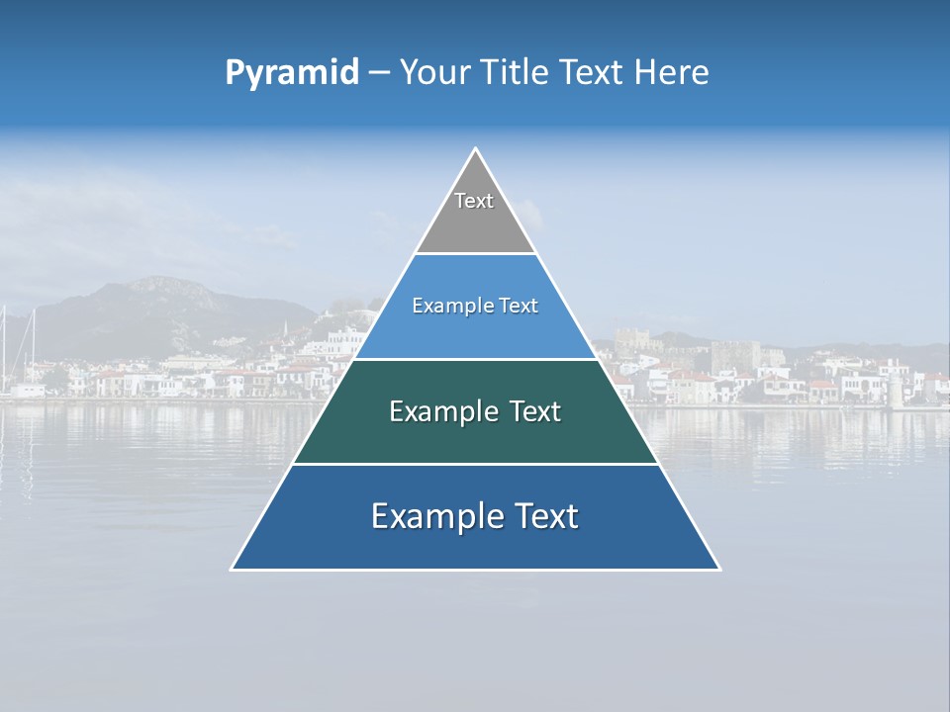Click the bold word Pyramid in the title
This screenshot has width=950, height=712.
coord(292,73)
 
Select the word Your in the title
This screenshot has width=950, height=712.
coord(432,72)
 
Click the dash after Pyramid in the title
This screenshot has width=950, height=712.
coord(378,73)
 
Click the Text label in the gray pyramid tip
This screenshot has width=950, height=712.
coord(474,201)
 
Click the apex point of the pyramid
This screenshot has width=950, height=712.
coord(475,149)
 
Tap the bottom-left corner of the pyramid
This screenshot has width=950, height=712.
coord(233,569)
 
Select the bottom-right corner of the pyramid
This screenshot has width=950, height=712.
coord(718,569)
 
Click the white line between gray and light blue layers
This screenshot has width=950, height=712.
coord(475,254)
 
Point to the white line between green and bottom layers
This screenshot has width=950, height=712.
coord(475,464)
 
